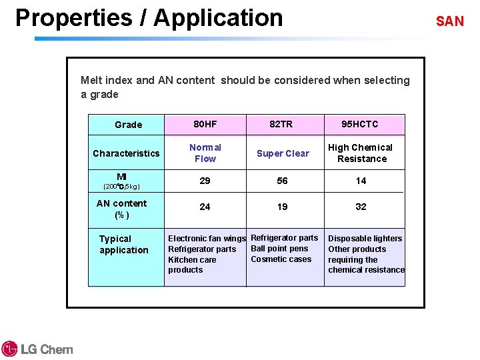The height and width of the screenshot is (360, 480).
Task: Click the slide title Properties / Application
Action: [149, 18]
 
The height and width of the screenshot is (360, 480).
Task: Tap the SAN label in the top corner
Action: [449, 21]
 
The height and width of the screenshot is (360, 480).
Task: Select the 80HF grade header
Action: [205, 124]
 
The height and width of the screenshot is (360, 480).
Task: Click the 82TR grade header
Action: [281, 124]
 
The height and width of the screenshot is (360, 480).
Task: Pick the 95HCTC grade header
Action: [359, 124]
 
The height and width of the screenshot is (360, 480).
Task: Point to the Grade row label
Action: [128, 125]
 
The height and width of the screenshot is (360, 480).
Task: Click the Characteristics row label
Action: [126, 153]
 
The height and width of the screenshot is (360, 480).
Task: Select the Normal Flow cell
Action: [205, 153]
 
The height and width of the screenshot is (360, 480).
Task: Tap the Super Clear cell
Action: [283, 153]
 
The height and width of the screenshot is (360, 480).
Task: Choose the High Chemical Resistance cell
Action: [361, 153]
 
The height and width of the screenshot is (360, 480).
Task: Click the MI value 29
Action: [205, 181]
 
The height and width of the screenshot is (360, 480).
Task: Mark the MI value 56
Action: [283, 181]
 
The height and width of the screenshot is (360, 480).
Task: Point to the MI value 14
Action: [361, 181]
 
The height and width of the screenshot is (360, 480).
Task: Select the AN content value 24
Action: [205, 207]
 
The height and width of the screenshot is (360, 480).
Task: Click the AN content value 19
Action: [283, 207]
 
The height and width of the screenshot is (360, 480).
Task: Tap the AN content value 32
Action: [361, 207]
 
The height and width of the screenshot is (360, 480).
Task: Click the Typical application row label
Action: [123, 245]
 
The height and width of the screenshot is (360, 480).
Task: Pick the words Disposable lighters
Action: [365, 239]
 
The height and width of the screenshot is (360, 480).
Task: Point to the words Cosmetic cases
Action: [281, 259]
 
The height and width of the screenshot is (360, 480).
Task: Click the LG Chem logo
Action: [37, 349]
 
